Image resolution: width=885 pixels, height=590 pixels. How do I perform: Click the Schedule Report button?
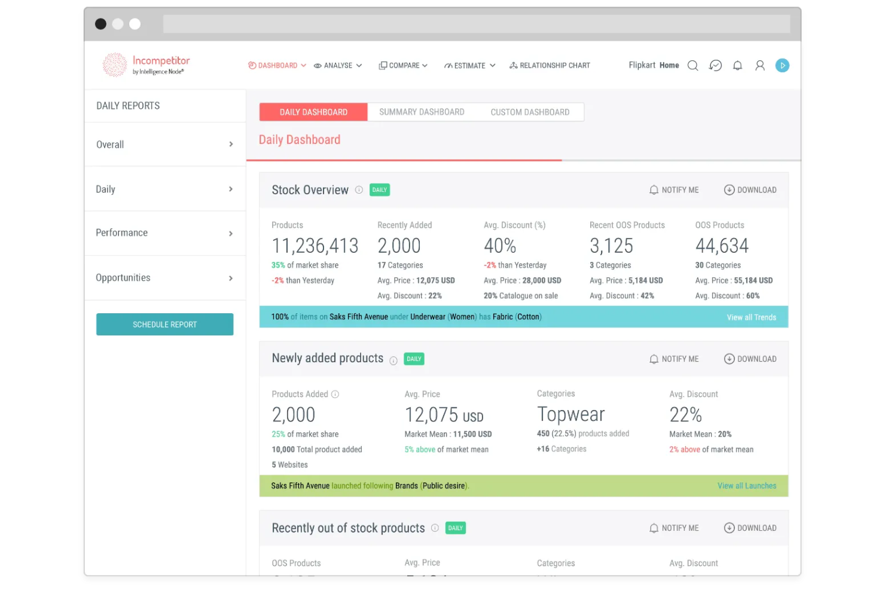164,325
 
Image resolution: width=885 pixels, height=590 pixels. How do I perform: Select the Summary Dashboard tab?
422,112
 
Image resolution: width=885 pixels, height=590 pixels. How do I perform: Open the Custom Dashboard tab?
530,112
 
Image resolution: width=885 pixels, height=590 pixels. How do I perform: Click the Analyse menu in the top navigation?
338,66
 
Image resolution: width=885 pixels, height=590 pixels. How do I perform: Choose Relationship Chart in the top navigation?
550,66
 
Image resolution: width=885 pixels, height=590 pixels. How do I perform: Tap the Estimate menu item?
469,66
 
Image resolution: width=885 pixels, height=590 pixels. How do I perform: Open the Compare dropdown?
404,66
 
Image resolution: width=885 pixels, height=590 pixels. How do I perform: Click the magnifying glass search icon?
692,66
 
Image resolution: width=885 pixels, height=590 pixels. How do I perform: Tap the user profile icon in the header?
759,66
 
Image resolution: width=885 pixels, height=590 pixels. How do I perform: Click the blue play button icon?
782,66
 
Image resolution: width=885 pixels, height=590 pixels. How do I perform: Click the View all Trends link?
751,317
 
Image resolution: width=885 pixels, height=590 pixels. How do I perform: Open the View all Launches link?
746,486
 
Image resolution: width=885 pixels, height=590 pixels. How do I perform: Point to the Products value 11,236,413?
315,246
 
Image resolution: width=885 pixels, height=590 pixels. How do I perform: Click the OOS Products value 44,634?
722,246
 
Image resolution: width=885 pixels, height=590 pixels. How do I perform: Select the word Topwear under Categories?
571,414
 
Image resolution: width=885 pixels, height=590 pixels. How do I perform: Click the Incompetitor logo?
147,65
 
